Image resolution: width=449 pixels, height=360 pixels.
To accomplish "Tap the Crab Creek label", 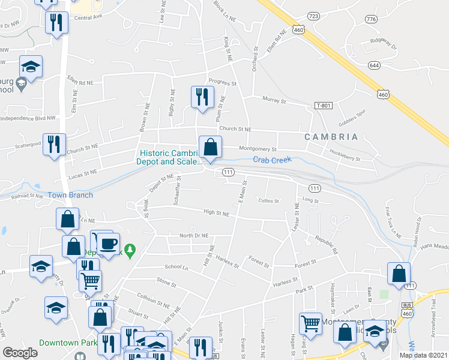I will click(271, 160).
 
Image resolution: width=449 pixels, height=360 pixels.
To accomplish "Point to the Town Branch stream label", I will click(70, 195).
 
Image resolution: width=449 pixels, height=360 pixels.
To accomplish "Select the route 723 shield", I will click(313, 16).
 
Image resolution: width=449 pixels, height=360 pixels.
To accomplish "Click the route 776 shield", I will click(371, 19).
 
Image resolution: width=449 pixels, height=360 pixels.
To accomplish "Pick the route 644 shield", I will click(374, 64).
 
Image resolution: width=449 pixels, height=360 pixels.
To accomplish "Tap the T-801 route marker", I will click(323, 106).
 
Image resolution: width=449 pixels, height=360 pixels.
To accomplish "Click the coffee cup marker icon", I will click(108, 244).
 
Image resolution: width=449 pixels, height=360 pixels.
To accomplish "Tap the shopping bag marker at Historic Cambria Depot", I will click(211, 146).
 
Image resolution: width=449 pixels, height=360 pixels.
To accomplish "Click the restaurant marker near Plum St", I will click(202, 97).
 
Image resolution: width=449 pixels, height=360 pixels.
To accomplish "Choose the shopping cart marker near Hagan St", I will click(310, 323).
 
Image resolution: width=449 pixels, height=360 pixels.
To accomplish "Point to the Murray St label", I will click(274, 100).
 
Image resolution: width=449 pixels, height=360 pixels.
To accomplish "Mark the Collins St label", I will click(268, 200).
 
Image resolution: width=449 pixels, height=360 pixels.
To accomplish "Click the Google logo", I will click(20, 353).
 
